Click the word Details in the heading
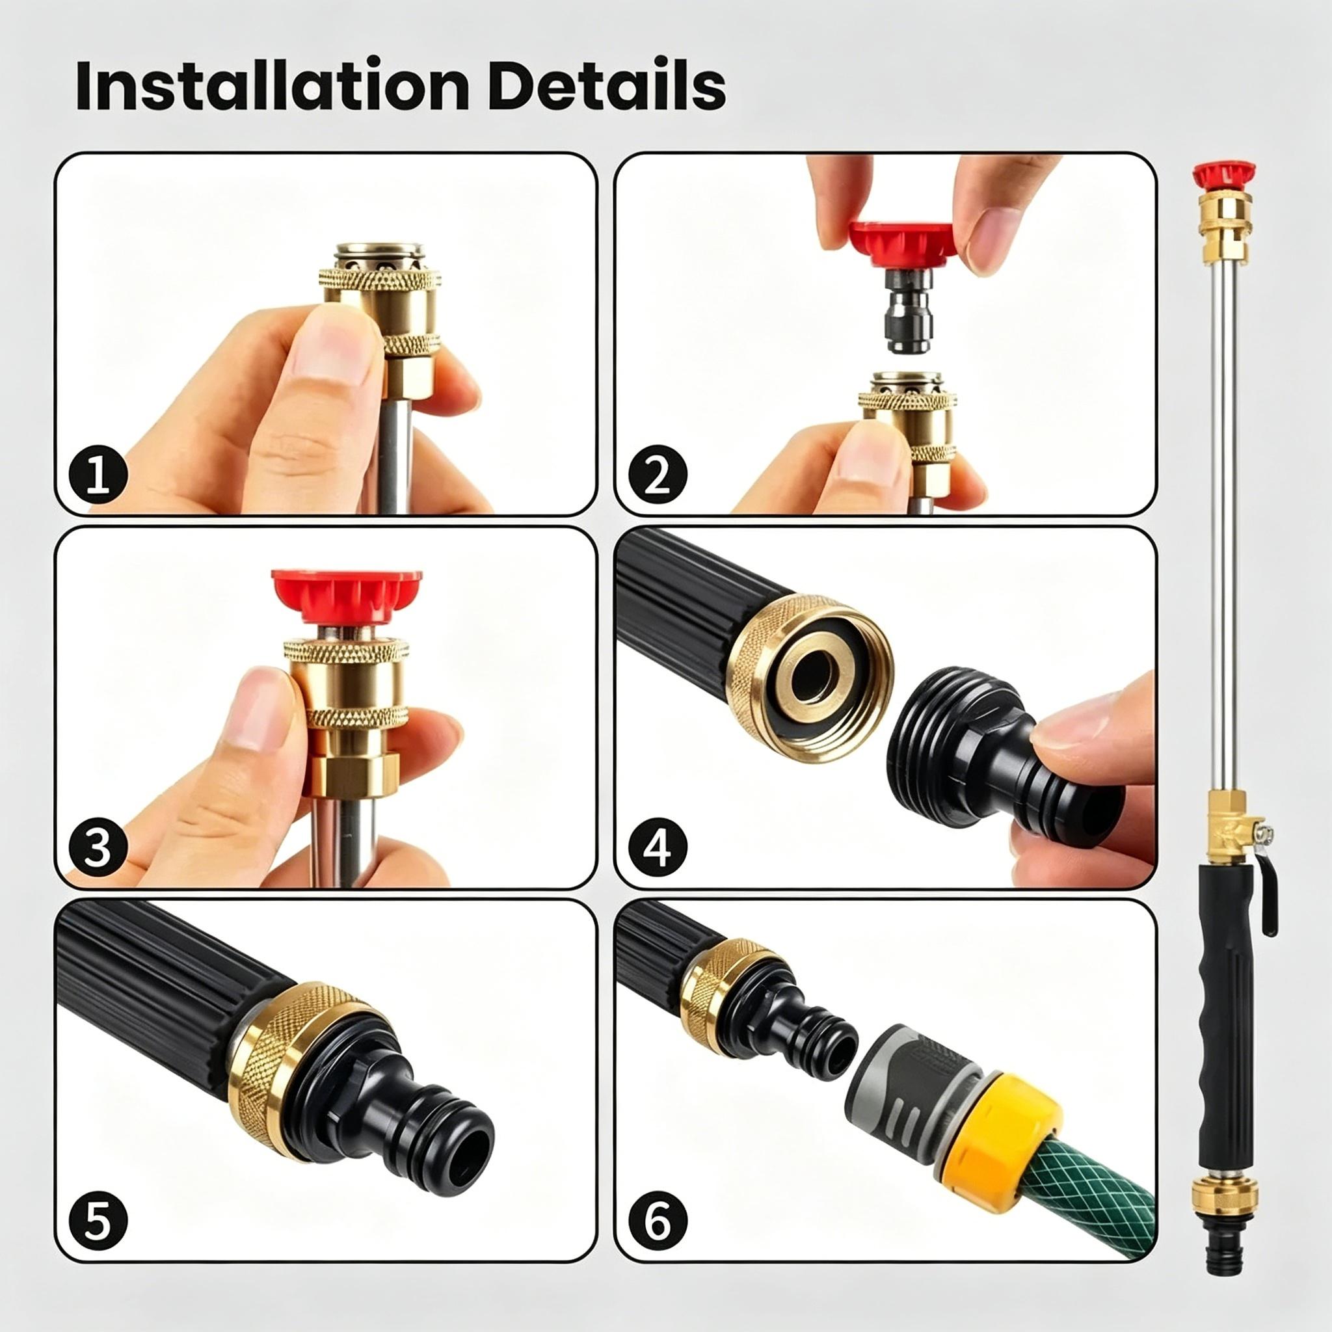pos(607,87)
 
